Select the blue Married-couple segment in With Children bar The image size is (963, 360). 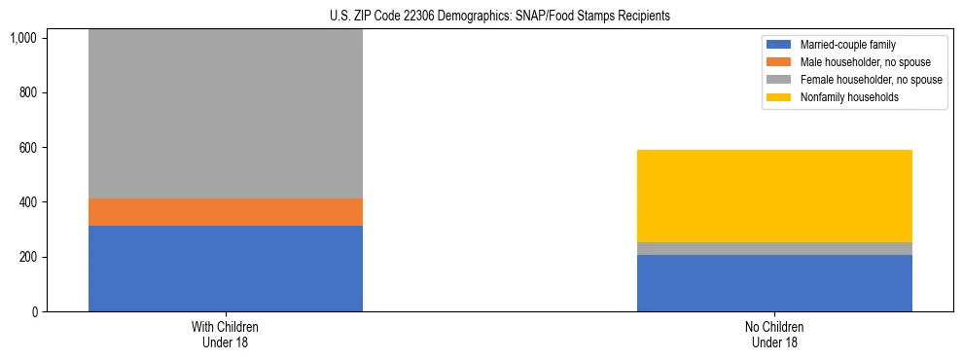[226, 269]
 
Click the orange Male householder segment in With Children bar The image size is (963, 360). [226, 212]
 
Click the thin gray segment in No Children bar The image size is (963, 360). [774, 248]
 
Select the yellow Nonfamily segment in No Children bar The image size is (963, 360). [774, 196]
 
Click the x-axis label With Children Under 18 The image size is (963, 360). [226, 335]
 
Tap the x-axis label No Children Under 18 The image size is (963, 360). [774, 335]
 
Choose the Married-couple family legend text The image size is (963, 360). [847, 45]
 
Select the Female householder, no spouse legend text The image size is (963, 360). [872, 80]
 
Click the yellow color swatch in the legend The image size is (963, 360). [780, 97]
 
